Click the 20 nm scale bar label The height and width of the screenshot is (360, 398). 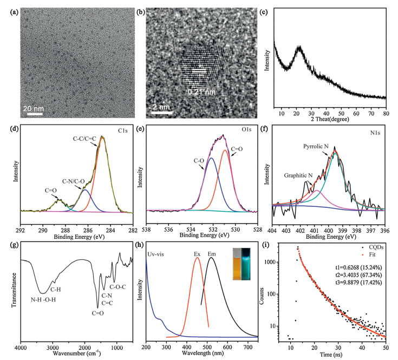tap(34, 108)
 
